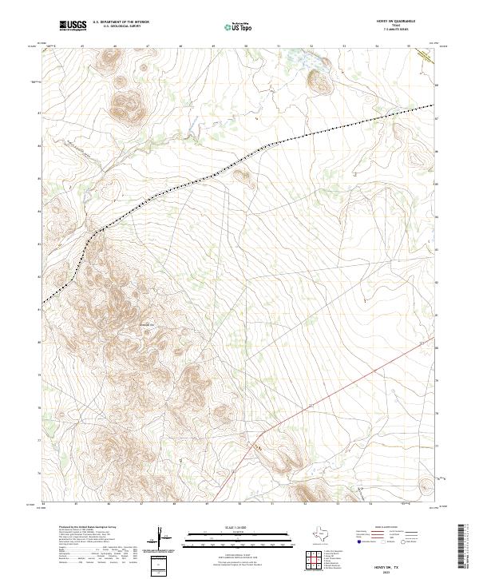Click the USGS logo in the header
(x=73, y=26)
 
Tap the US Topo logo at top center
(x=239, y=26)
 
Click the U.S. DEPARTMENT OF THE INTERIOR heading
(x=121, y=22)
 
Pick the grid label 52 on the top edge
(x=312, y=46)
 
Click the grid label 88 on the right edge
(x=437, y=84)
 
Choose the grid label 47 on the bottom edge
(x=141, y=505)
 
